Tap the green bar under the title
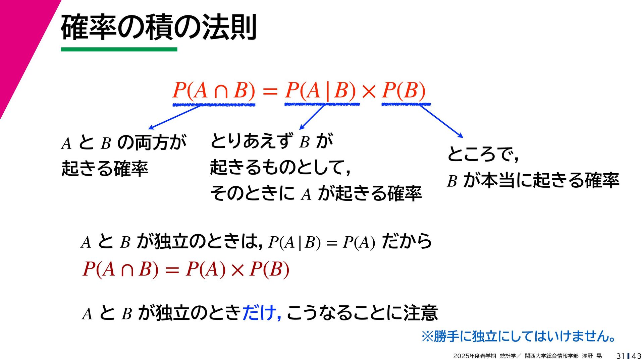[x=119, y=50]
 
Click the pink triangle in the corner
[x=20, y=40]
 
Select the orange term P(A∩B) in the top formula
[x=214, y=90]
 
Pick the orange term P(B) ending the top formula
[x=404, y=90]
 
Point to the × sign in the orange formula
[x=369, y=91]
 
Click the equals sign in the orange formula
[x=270, y=91]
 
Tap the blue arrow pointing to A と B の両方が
[x=174, y=117]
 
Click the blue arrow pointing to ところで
[x=441, y=121]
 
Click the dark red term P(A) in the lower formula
[x=206, y=269]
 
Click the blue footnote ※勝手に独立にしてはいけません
[x=518, y=336]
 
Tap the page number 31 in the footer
[x=620, y=356]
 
